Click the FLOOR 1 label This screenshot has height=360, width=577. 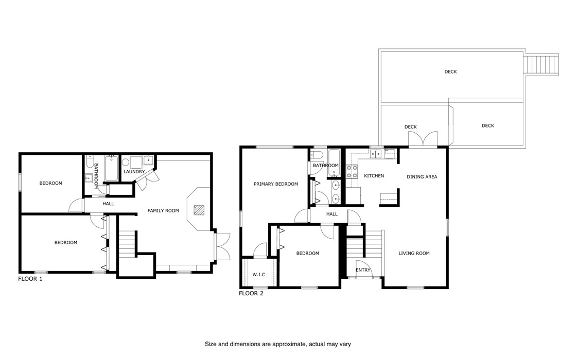[30, 279]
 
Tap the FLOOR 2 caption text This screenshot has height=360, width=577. [251, 294]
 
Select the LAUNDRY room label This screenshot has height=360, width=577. [134, 171]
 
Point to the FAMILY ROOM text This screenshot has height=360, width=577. [163, 210]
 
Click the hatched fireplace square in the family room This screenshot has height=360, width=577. [199, 210]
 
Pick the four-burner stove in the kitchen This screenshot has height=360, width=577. [352, 171]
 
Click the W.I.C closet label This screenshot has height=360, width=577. [259, 274]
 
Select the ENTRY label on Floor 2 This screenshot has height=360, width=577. [363, 270]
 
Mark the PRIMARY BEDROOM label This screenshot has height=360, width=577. [275, 184]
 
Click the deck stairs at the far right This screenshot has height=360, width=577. [541, 65]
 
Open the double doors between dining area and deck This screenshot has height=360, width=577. [423, 139]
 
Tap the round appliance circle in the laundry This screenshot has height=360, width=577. [126, 163]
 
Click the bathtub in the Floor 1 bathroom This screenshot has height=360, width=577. [111, 169]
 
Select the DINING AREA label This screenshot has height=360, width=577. [422, 177]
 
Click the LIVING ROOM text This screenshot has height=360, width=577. [414, 253]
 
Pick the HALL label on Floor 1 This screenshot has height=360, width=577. [108, 204]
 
